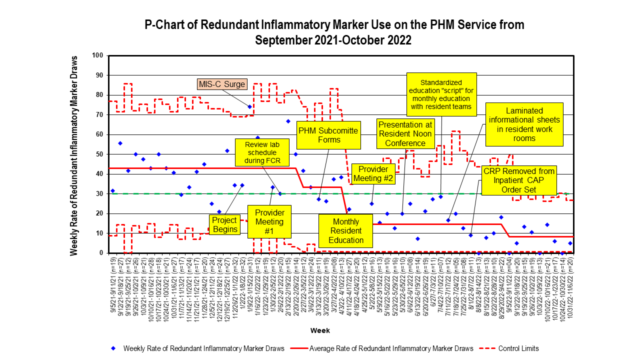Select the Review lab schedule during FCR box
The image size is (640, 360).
[259, 152]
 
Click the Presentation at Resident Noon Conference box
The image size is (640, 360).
[405, 134]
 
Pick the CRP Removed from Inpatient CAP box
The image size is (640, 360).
[518, 180]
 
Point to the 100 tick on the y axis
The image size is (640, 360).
[98, 55]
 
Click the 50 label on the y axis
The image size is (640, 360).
[99, 154]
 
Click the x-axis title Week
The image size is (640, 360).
[319, 330]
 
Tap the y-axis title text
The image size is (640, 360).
[74, 155]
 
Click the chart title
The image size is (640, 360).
[333, 32]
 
